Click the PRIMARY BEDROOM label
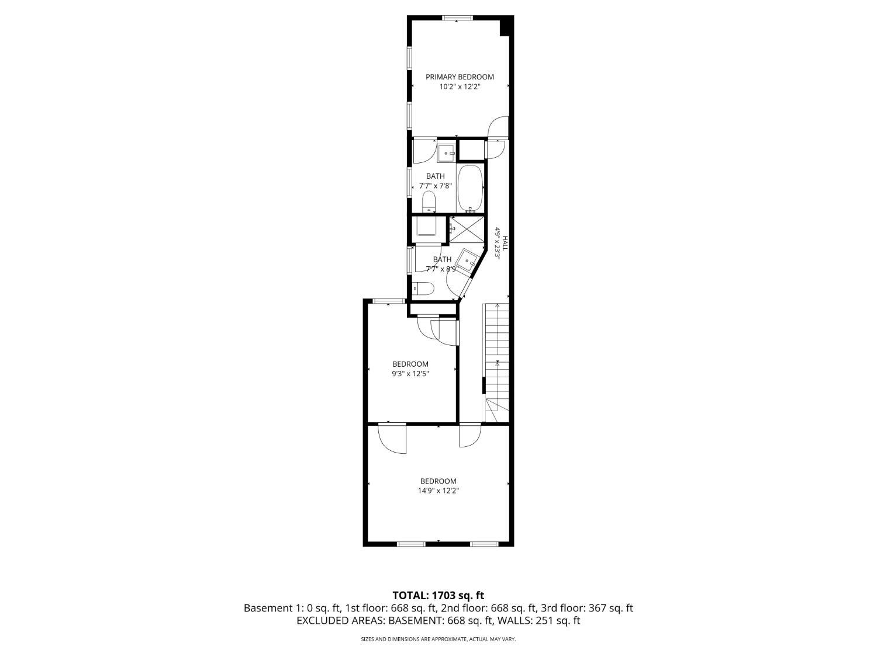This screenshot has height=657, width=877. pyautogui.click(x=460, y=77)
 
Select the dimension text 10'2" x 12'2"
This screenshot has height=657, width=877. pyautogui.click(x=460, y=86)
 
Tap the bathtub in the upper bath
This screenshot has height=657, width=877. pyautogui.click(x=471, y=188)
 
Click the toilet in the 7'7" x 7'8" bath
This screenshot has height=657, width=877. pyautogui.click(x=429, y=203)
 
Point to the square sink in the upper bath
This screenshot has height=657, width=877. pyautogui.click(x=447, y=154)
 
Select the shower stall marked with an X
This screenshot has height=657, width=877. pyautogui.click(x=467, y=228)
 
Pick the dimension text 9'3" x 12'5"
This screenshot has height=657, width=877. pyautogui.click(x=410, y=374)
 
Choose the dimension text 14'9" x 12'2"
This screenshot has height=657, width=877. pyautogui.click(x=438, y=491)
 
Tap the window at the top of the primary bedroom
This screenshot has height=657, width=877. pyautogui.click(x=457, y=18)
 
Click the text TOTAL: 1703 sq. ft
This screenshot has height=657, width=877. pyautogui.click(x=438, y=596)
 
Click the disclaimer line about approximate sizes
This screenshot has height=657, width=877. pyautogui.click(x=438, y=639)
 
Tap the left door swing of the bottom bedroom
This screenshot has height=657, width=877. pyautogui.click(x=391, y=438)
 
